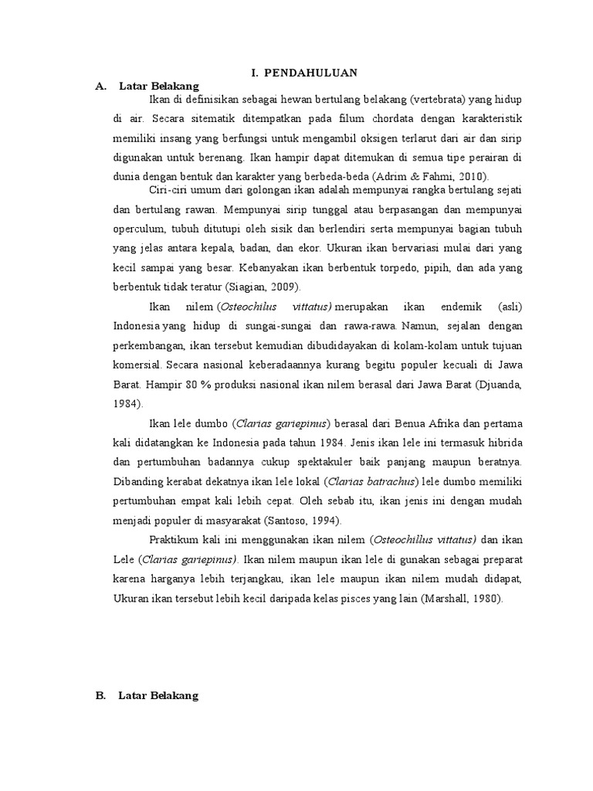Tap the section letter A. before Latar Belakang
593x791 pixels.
pos(100,86)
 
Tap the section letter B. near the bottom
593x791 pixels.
pos(100,674)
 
